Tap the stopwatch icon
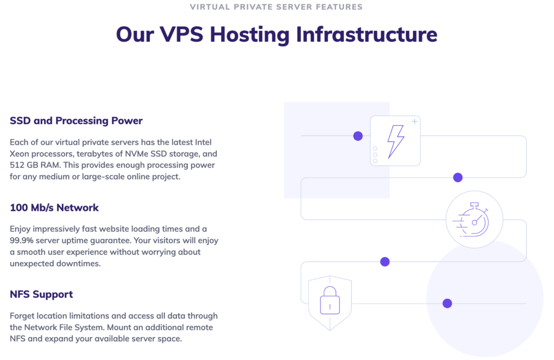click(x=474, y=221)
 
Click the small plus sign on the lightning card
click(x=414, y=122)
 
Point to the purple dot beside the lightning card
click(x=358, y=136)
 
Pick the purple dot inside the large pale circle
click(x=447, y=303)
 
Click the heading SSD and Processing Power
click(x=76, y=121)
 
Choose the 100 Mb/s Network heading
click(x=54, y=207)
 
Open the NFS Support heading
click(x=41, y=294)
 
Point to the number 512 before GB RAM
click(x=18, y=165)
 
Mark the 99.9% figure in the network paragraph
click(x=22, y=240)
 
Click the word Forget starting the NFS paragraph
click(x=23, y=316)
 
